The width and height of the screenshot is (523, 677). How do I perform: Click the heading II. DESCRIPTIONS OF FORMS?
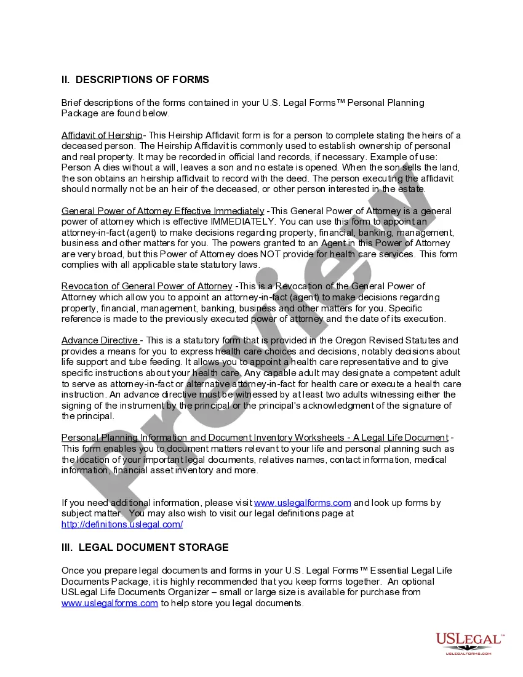[135, 79]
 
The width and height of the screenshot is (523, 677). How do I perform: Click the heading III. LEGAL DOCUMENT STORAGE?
[145, 547]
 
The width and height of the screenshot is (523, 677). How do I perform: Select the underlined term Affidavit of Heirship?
[102, 135]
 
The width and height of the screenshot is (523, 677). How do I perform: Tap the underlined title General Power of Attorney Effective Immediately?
[162, 211]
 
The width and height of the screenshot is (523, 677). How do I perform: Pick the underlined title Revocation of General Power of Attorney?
[146, 286]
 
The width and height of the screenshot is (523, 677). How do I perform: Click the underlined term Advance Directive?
[100, 340]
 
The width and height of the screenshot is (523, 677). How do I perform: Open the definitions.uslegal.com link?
[122, 524]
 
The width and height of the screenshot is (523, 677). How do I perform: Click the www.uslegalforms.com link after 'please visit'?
[302, 503]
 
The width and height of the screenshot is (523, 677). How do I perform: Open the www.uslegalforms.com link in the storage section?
[110, 603]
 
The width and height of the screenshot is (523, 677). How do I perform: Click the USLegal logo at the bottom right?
[469, 643]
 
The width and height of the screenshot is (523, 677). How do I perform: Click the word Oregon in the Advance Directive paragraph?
[351, 340]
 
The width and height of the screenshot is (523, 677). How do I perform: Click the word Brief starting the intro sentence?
[71, 103]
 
